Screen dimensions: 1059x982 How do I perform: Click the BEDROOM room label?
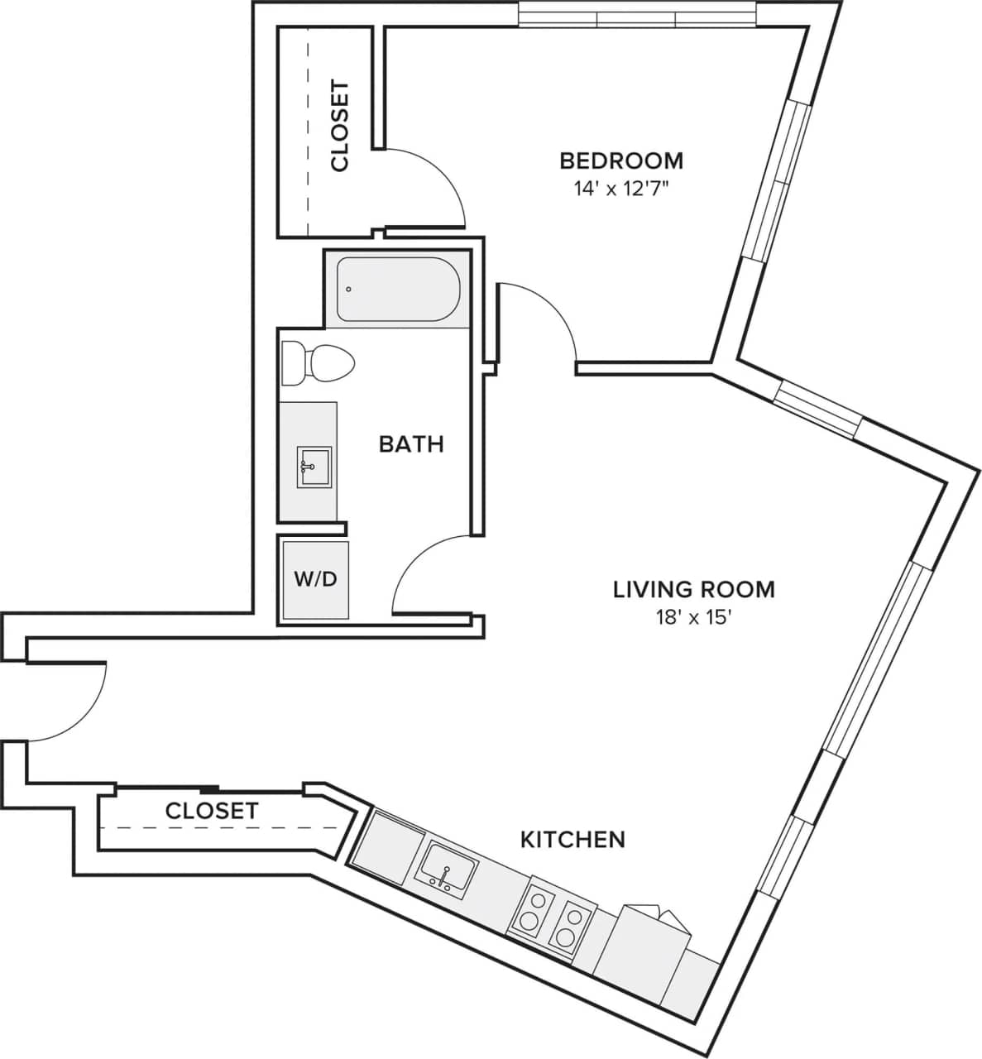[x=621, y=160]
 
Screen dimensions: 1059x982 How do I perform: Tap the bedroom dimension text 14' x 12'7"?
[x=621, y=189]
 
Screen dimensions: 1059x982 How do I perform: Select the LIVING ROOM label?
[x=693, y=589]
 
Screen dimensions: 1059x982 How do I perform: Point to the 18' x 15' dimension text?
[x=693, y=618]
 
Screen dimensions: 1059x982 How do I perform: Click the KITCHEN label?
[x=572, y=840]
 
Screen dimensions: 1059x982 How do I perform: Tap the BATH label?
[x=411, y=444]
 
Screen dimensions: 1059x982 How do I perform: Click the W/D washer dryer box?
[x=315, y=579]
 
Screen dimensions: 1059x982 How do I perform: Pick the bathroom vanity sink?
[x=314, y=467]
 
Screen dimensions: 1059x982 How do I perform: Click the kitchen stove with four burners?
[x=552, y=918]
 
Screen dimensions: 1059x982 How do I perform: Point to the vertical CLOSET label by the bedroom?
[x=340, y=126]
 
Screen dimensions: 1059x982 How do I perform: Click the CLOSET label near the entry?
[x=212, y=811]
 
